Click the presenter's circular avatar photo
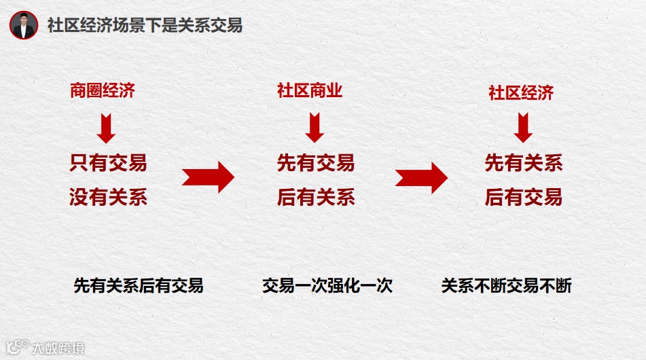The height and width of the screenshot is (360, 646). (24, 25)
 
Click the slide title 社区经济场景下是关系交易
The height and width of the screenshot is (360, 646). (145, 26)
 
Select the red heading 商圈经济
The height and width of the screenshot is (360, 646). (103, 90)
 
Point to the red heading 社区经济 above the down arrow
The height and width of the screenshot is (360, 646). (521, 93)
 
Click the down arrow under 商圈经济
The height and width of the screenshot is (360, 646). (106, 127)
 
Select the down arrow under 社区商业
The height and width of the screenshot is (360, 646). (315, 127)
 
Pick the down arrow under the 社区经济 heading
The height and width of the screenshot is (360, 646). (523, 128)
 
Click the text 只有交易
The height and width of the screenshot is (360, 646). (108, 163)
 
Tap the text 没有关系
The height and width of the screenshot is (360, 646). (108, 198)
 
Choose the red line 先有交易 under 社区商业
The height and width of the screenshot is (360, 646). (316, 163)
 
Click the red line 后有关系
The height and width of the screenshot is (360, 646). (316, 198)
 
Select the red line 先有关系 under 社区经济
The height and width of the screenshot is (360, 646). (524, 163)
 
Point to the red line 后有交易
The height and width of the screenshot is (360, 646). (524, 198)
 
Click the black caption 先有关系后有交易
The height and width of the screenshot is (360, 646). (139, 286)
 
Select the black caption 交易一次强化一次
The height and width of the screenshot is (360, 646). (327, 286)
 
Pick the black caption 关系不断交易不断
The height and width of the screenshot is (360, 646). (507, 286)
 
